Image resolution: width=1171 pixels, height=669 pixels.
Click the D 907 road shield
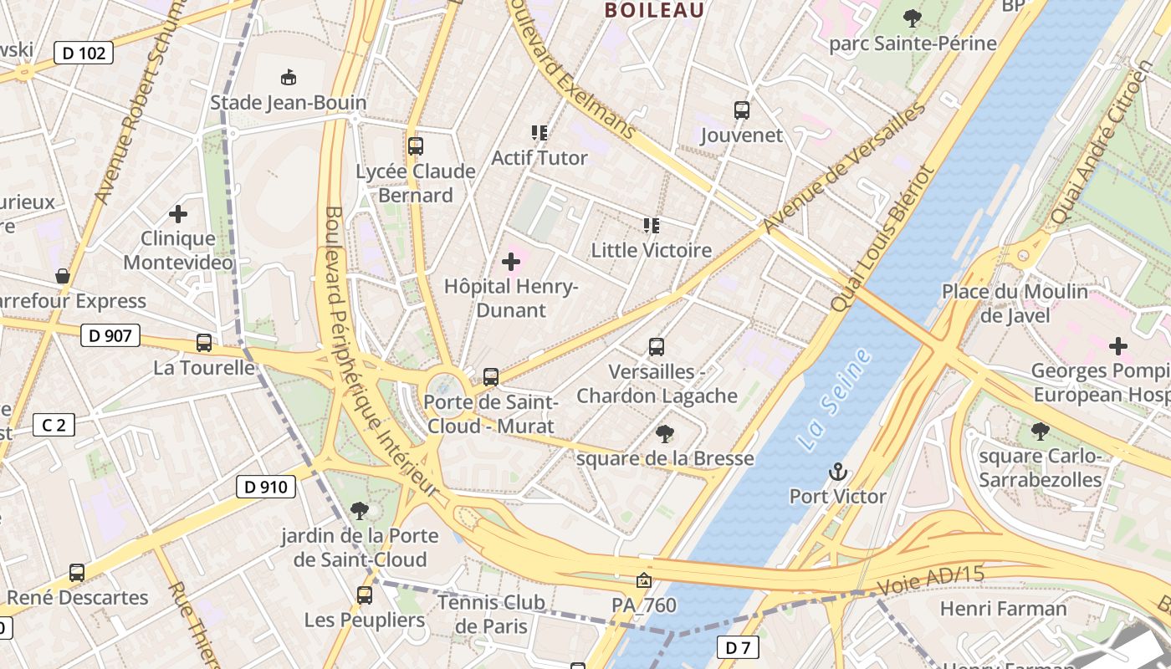click(x=110, y=336)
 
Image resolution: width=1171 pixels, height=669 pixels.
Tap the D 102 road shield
click(x=84, y=54)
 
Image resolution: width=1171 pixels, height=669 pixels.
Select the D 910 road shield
click(x=266, y=487)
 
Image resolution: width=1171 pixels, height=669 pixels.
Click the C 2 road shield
click(x=54, y=425)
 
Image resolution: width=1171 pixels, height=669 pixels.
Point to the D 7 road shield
click(x=737, y=647)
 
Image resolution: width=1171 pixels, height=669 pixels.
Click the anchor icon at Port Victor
click(x=837, y=472)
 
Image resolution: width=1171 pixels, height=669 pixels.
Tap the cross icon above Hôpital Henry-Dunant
click(x=510, y=262)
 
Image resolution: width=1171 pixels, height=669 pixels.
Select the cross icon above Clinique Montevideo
click(x=178, y=214)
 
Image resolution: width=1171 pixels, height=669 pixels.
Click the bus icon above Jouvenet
click(x=742, y=110)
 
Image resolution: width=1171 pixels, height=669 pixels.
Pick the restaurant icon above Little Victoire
click(x=652, y=225)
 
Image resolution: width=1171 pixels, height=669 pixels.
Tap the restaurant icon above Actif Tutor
click(x=539, y=132)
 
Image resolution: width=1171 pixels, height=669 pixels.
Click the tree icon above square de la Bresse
click(x=665, y=433)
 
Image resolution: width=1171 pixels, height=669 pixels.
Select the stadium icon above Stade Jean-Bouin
click(x=289, y=78)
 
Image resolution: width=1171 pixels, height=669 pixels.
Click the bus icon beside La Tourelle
click(x=204, y=342)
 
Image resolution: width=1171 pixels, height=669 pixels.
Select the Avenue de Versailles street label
click(x=844, y=167)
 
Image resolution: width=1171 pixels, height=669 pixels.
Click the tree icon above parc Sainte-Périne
click(x=913, y=18)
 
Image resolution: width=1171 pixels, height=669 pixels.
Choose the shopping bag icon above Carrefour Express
click(x=63, y=276)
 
